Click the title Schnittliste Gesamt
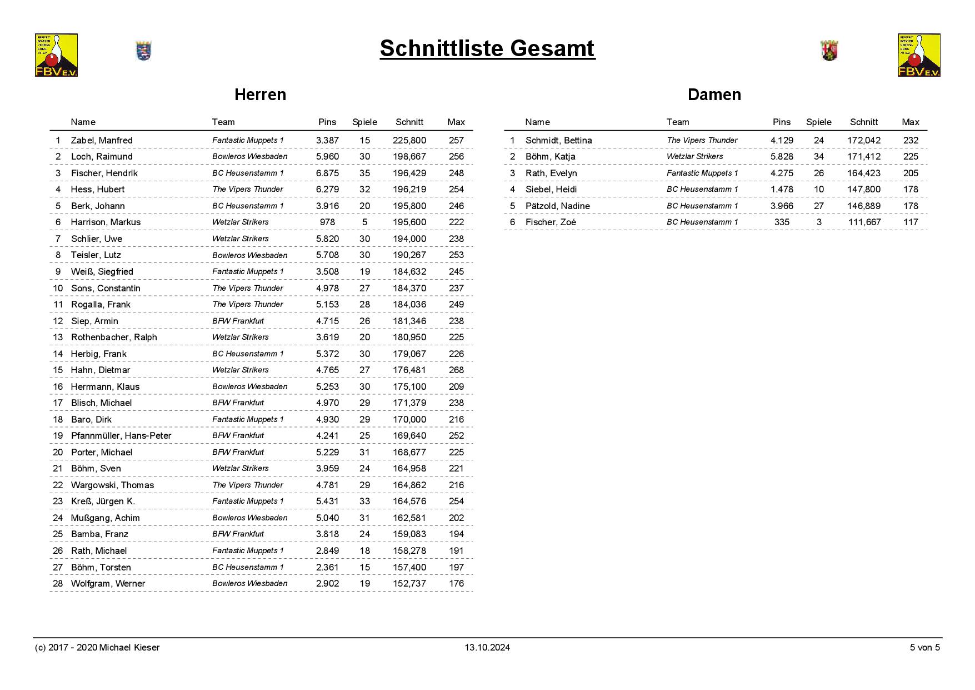point(487,48)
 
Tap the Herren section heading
point(260,95)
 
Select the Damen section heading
point(714,95)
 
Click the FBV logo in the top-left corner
point(56,55)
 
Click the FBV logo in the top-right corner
point(919,55)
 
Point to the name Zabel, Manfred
point(102,141)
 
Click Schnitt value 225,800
point(409,141)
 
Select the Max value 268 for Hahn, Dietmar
point(456,370)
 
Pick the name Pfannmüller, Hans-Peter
point(121,436)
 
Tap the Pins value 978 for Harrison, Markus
point(327,222)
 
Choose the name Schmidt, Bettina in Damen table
point(558,141)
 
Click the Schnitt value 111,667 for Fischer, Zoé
point(864,222)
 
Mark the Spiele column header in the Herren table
point(364,122)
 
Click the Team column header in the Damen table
point(678,122)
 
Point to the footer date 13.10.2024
point(487,648)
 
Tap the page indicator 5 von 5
point(924,648)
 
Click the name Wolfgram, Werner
point(108,584)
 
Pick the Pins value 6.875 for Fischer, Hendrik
point(327,173)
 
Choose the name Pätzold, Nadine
point(557,206)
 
